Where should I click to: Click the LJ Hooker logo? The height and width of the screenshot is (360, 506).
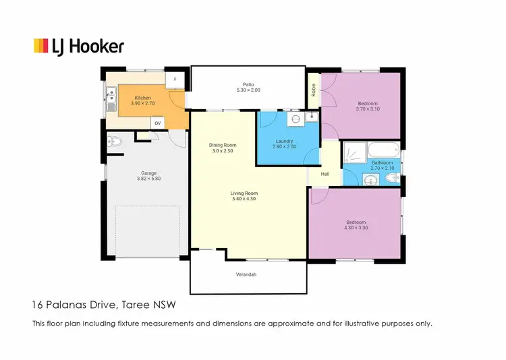[x=78, y=46]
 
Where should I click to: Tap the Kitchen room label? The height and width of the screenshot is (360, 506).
[x=142, y=98]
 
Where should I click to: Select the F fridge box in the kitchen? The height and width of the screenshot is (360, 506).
[x=175, y=80]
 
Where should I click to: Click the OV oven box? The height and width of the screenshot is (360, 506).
[x=157, y=123]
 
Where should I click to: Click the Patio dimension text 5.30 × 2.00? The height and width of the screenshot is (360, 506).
[x=248, y=90]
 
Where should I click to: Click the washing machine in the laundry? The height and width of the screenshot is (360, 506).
[x=295, y=119]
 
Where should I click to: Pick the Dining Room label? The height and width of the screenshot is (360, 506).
[x=222, y=145]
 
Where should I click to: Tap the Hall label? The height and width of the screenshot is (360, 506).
[x=325, y=174]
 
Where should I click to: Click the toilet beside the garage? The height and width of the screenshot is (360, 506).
[x=113, y=142]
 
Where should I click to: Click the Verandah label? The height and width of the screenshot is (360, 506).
[x=246, y=274]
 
